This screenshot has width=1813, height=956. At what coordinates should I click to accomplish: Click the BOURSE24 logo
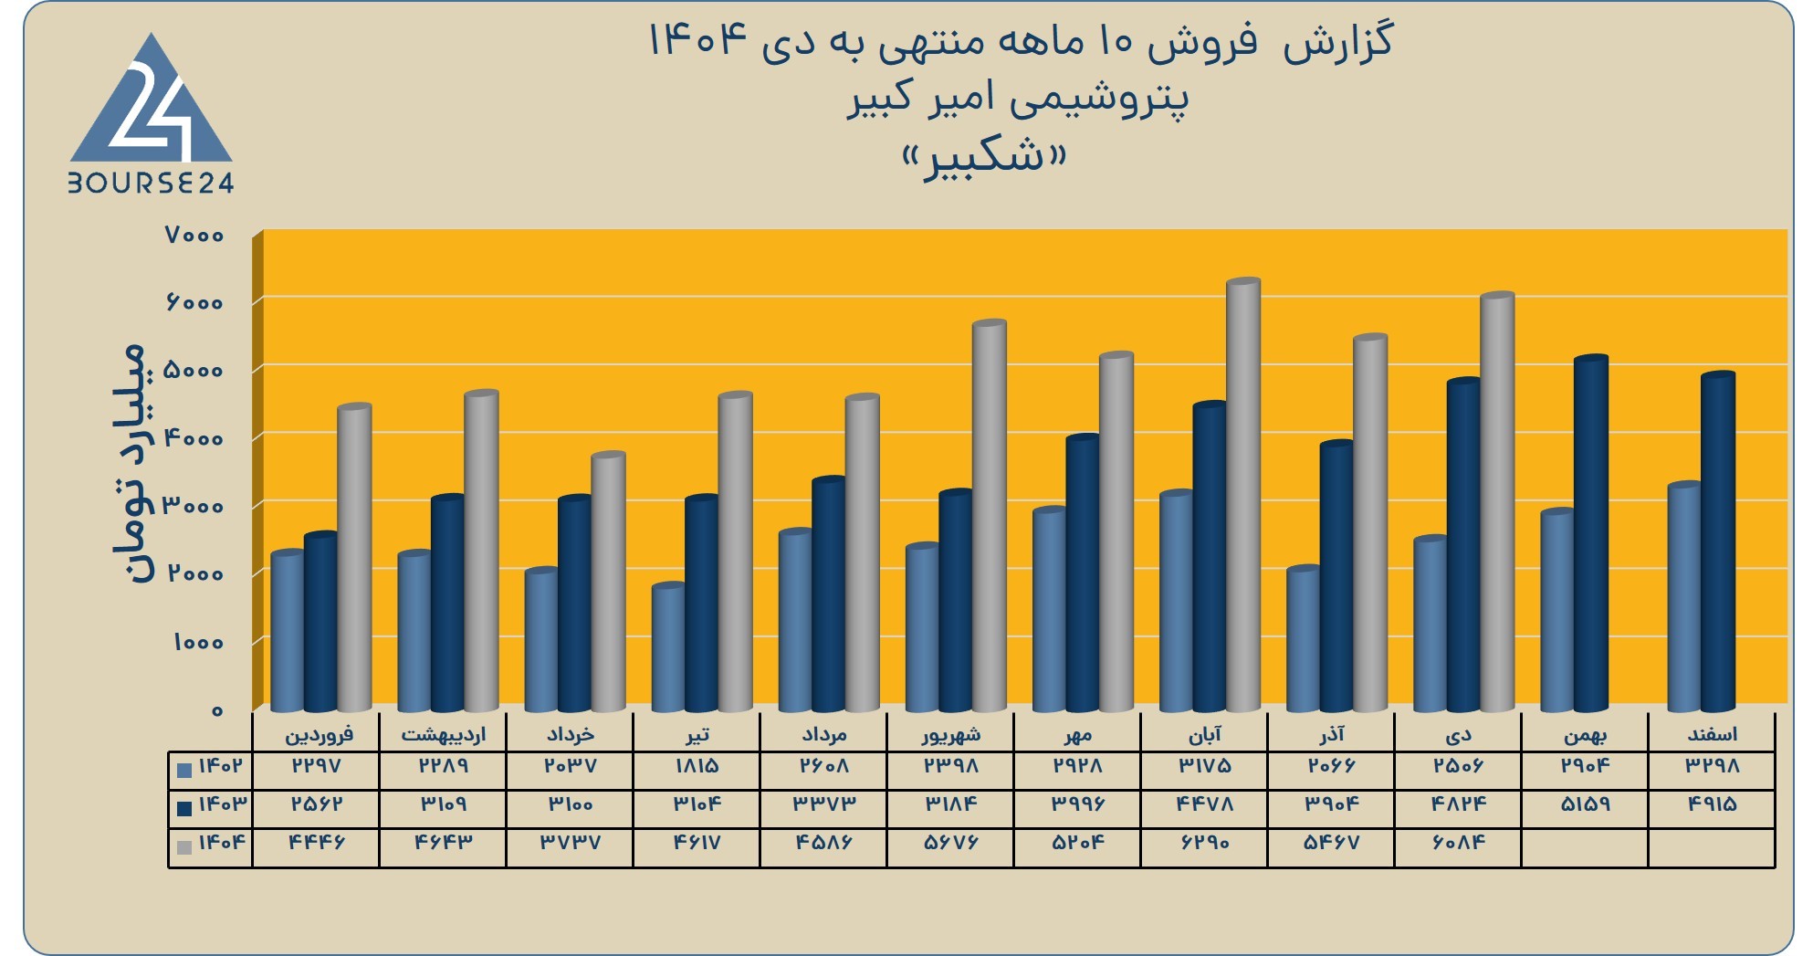[151, 114]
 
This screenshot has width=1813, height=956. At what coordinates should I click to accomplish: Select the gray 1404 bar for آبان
[1243, 495]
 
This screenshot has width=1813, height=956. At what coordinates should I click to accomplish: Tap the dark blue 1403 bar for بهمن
[1591, 533]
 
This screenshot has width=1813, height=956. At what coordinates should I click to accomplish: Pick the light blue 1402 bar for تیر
[668, 647]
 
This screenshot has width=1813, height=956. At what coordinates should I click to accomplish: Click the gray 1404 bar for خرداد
[608, 582]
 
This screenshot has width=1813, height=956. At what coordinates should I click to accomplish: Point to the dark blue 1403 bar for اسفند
[1718, 541]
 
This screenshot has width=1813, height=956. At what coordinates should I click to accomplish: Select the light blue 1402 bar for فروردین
[288, 631]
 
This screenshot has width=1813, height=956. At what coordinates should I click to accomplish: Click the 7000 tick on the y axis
[194, 236]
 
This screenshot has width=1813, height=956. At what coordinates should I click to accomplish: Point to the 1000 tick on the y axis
[199, 643]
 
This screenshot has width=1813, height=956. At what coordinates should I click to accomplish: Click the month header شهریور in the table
[950, 734]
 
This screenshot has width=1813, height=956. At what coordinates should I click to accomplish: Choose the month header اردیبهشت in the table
[444, 734]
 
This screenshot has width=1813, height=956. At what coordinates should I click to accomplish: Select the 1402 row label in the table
[220, 767]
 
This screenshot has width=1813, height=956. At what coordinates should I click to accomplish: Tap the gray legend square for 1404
[184, 847]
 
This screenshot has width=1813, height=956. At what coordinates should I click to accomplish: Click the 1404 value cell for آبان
[1204, 843]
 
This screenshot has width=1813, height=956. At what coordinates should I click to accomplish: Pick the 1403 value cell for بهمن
[1585, 804]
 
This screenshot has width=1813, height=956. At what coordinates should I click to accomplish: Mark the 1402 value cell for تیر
[697, 766]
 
